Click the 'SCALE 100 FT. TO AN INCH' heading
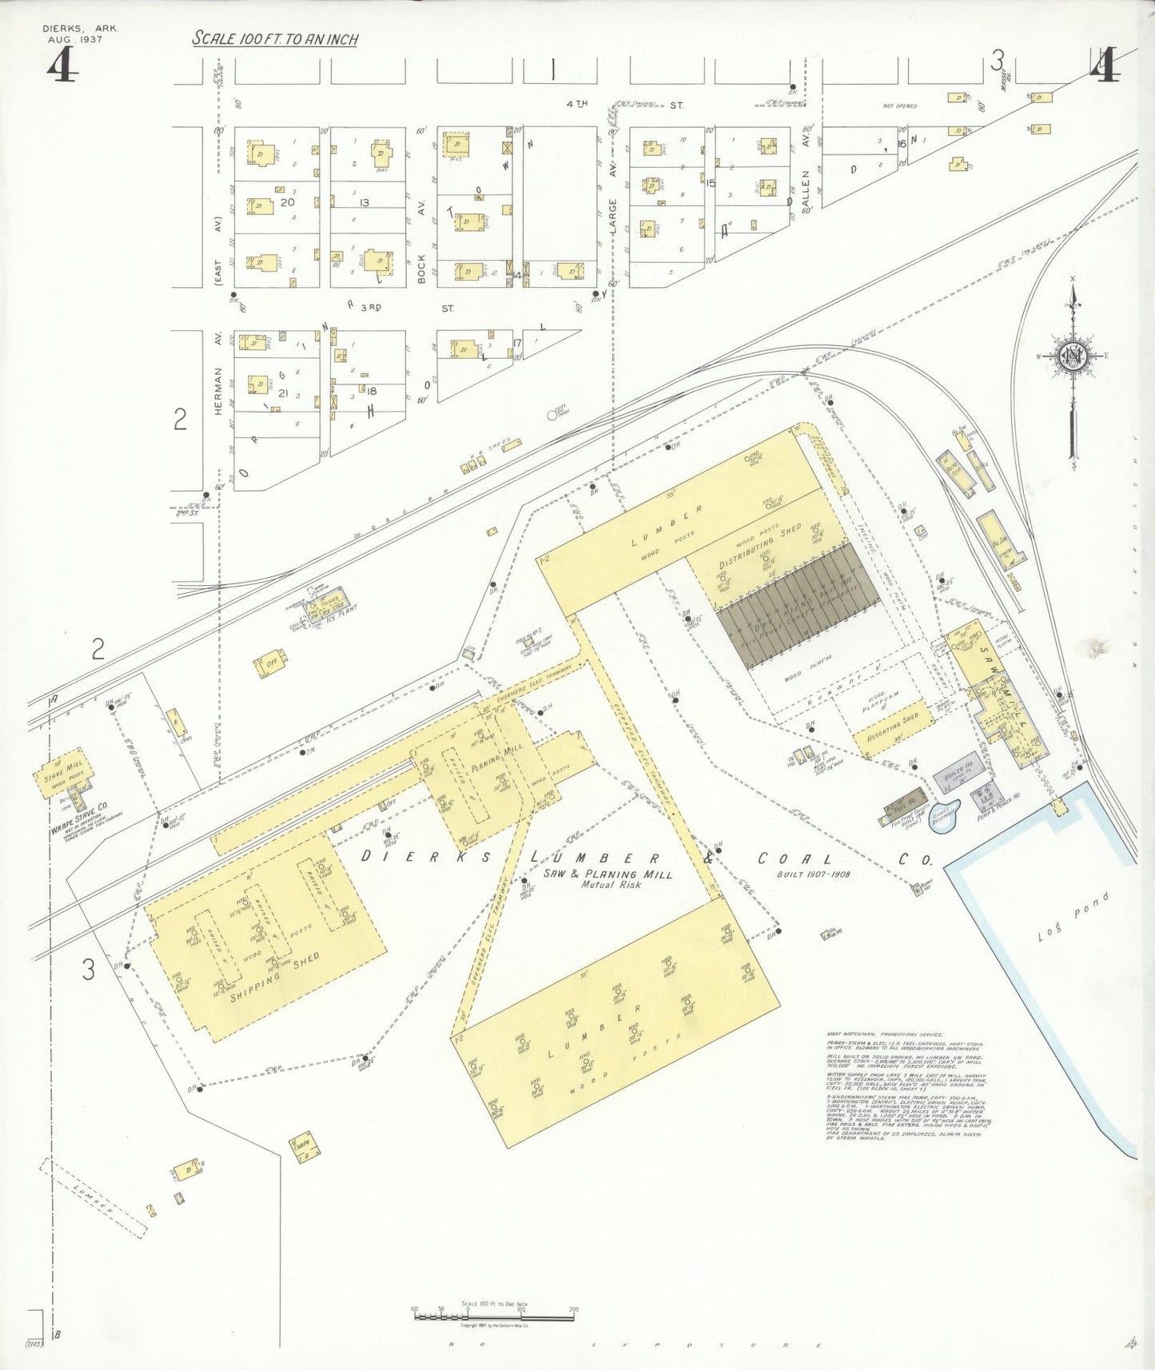pos(275,39)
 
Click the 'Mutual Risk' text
pos(607,885)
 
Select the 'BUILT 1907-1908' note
pos(814,874)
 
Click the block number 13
pos(364,202)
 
